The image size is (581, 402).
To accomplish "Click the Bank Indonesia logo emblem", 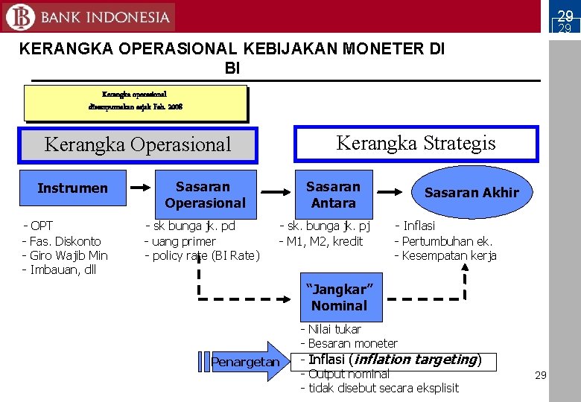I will point(21,17).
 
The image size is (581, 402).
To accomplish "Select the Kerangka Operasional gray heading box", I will point(139,144).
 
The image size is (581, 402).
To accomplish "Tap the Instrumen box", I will point(72,188).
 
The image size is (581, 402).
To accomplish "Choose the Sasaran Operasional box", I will point(205,194).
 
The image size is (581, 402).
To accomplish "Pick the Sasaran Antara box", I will point(333,194).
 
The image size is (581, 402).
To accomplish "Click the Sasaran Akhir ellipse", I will point(471,192).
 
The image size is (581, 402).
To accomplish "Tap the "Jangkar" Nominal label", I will point(339,297).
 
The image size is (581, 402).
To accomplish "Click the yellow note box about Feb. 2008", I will point(135,102).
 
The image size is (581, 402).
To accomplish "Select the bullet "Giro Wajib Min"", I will point(68,255).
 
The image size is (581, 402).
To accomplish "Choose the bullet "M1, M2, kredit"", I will point(324,240).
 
